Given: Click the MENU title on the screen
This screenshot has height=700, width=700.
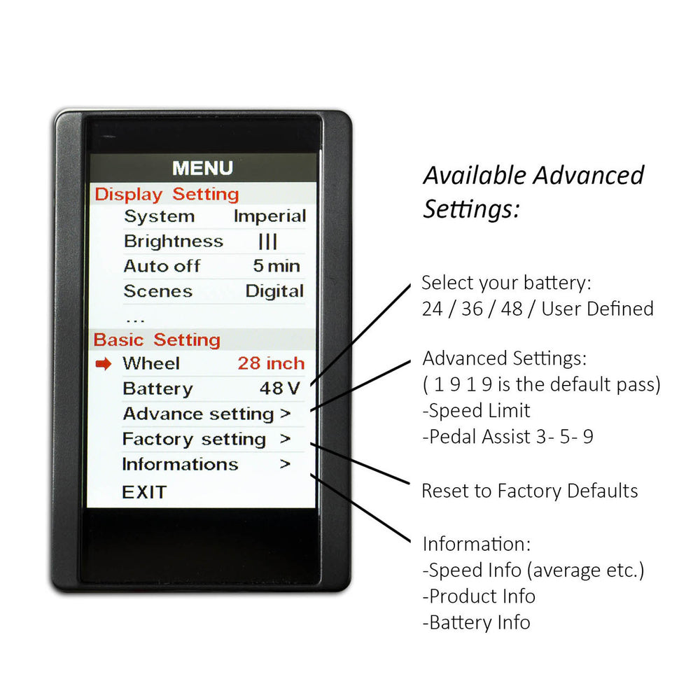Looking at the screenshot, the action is [203, 168].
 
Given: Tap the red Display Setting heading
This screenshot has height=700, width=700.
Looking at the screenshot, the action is [167, 195].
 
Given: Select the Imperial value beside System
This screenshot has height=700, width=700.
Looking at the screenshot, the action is [270, 216].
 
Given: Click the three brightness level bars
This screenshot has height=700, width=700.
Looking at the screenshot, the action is [268, 241].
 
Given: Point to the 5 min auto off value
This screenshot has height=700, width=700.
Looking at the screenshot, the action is [276, 266].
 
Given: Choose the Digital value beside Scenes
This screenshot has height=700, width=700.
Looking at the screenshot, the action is [275, 291].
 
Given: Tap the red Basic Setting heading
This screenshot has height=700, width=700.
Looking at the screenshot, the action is [157, 340].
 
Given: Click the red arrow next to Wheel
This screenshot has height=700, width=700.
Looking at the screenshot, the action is [104, 364].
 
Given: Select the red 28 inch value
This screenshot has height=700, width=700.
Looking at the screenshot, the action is [271, 363].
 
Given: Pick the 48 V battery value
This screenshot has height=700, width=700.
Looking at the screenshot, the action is [280, 388].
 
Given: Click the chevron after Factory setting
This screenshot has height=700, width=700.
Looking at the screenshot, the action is [286, 439].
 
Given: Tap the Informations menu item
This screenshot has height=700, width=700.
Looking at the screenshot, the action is [181, 464].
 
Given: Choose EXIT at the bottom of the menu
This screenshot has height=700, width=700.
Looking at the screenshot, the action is [144, 492].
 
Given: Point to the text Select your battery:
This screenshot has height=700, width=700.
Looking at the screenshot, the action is [507, 283].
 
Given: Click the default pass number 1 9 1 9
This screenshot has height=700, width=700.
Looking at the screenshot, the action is [463, 384].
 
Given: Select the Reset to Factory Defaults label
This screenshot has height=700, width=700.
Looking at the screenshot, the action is [530, 491].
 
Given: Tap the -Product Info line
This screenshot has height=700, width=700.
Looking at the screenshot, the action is [479, 596].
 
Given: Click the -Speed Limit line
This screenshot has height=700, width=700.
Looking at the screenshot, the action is [476, 411].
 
